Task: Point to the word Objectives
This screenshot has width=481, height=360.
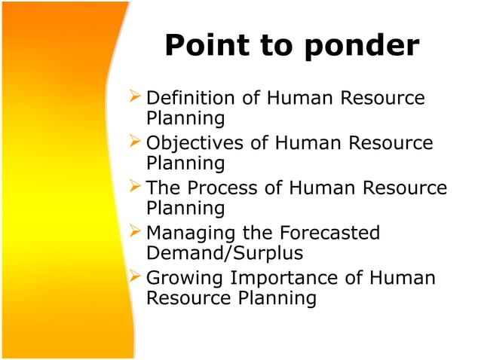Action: click(x=194, y=144)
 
